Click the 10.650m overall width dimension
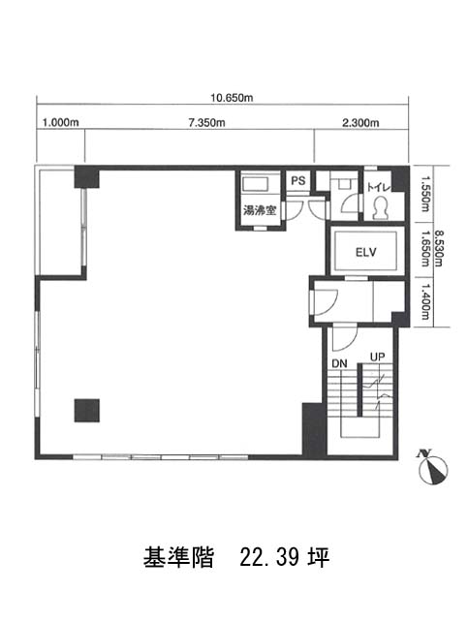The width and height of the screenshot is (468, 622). pos(232,98)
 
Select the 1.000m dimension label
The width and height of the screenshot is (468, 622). pos(61,122)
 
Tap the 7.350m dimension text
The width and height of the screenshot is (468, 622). pos(206,123)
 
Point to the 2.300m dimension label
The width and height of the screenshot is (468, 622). pos(360,123)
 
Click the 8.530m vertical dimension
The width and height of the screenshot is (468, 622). pos(437,248)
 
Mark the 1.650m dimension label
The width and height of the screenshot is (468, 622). pos(425,248)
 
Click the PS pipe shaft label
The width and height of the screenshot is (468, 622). pos(298,181)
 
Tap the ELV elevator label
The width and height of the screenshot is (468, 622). pos(365,252)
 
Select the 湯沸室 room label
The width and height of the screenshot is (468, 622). pos(260,210)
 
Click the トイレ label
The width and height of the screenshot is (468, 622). pos(379,187)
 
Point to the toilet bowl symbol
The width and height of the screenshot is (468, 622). pos(381,207)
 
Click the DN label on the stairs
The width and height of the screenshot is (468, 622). pos(339,363)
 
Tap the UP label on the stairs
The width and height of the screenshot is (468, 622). pos(377,357)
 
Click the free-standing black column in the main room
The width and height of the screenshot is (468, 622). pos(87,411)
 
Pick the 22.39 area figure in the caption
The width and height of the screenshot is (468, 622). pos(269,557)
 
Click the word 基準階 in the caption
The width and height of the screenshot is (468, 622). pos(178,557)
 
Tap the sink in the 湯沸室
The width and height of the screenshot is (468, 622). pos(256,184)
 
